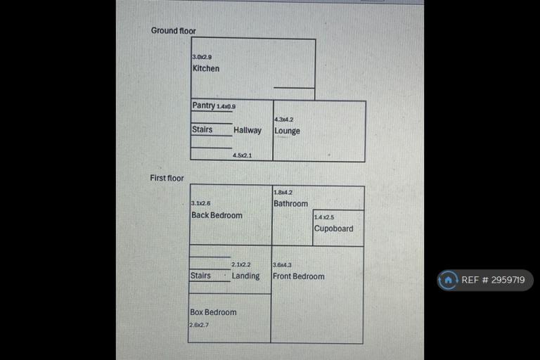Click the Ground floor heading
pos(173,31)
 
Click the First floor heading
pos(167,178)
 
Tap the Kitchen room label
pos(206,69)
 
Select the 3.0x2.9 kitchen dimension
pos(202,57)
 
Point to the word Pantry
pos(203,105)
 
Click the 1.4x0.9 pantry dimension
pos(226,107)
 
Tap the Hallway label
pos(247,130)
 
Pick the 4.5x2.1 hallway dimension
pos(242,155)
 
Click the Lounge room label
pos(287,131)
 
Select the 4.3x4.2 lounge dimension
pos(284,120)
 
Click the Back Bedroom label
pos(217,215)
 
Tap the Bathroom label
pos(290,204)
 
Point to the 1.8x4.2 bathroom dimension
pos(283,192)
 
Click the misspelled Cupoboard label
pos(333,229)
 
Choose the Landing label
pos(245,276)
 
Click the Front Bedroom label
pos(299,276)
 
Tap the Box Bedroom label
pos(213,312)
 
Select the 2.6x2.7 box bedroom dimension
pos(199,325)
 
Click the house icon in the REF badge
pos(448,280)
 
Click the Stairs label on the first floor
pos(200,276)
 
